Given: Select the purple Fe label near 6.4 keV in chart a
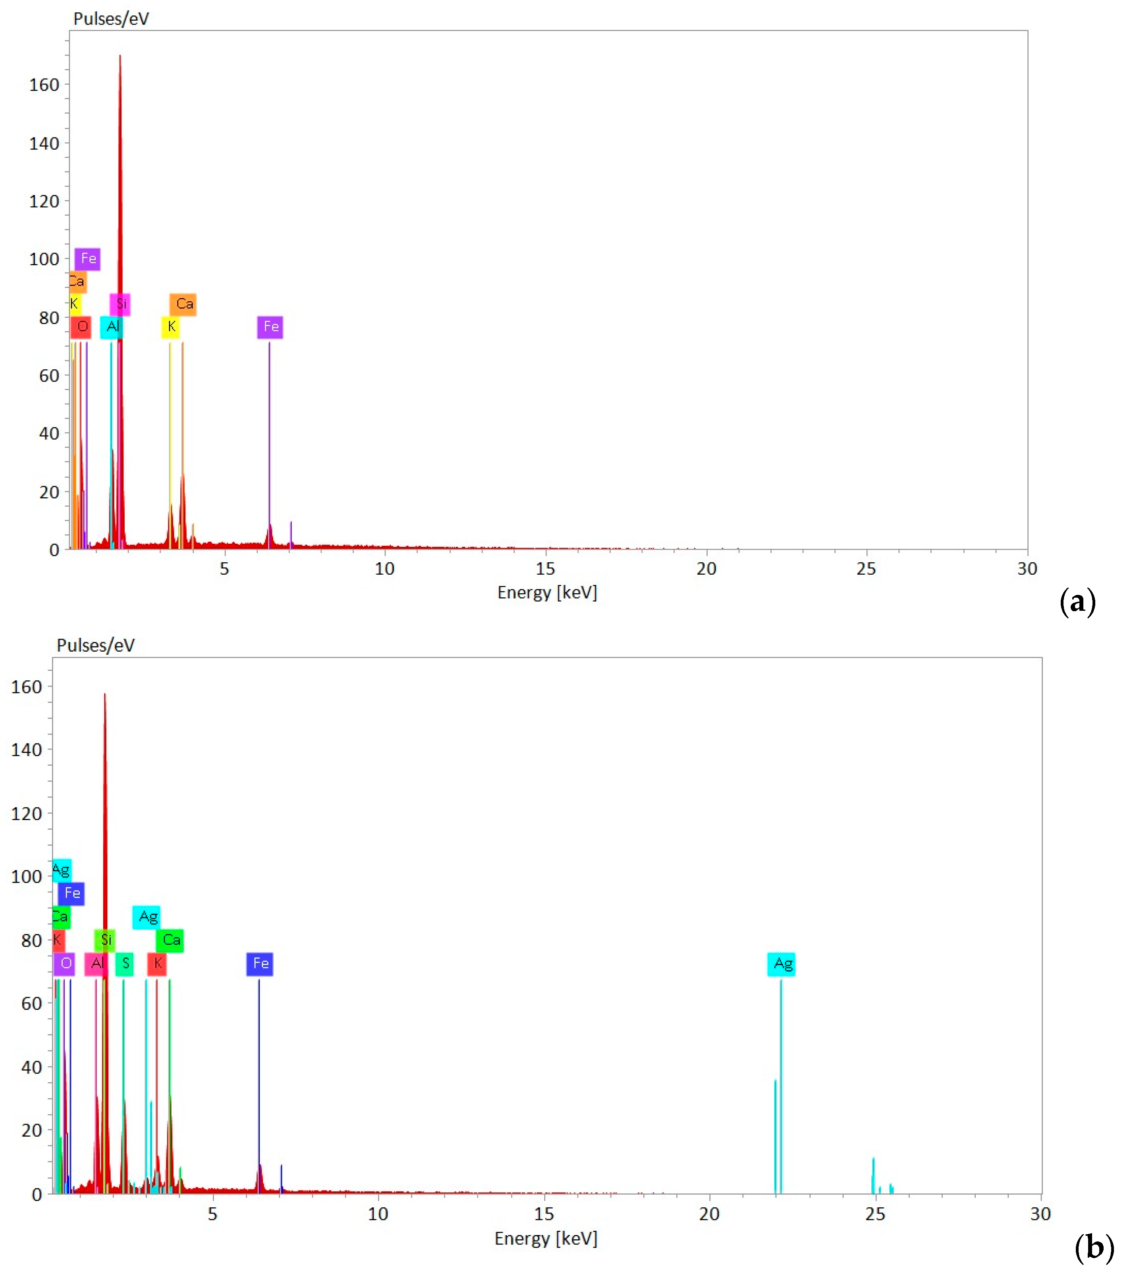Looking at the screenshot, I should point(270,326).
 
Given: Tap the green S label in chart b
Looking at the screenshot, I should point(125,963).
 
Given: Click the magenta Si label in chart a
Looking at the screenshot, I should point(120,304).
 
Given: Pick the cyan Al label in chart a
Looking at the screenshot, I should point(112,326).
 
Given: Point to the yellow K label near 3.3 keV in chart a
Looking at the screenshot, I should point(171,326).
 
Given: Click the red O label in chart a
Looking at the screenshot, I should point(81,326).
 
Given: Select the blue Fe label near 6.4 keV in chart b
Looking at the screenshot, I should point(260,963).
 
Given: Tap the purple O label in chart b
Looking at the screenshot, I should point(64,963).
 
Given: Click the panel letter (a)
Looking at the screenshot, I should point(1077,602).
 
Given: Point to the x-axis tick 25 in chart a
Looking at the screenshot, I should point(866,568).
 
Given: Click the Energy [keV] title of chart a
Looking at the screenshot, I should point(546,592).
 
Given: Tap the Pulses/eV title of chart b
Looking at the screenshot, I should point(95,645).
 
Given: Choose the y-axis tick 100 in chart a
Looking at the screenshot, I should point(44,259).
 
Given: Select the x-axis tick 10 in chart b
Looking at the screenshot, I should point(378,1214).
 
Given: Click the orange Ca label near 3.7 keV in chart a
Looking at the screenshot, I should point(183,304).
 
